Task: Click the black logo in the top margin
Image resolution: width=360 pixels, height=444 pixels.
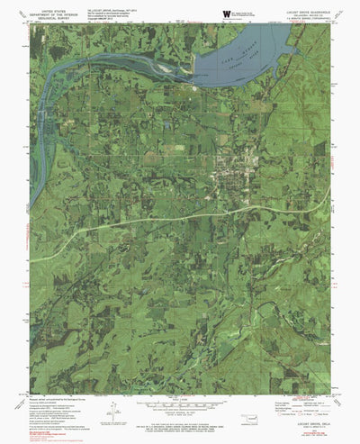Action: click(227, 13)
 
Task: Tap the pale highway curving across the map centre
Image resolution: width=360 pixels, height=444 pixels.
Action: click(180, 219)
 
